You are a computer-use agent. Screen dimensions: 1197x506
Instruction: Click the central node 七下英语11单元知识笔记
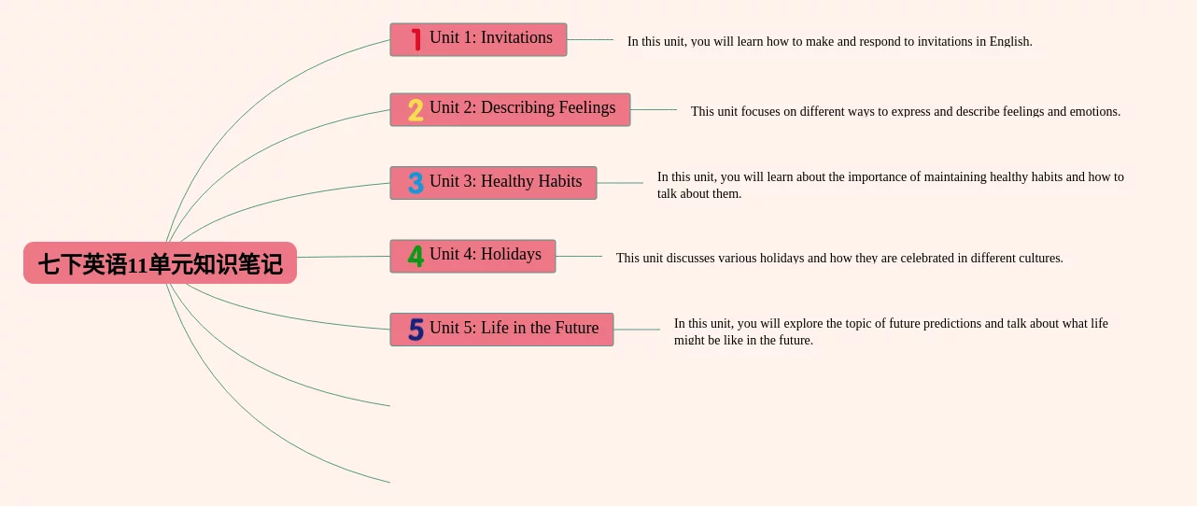160,263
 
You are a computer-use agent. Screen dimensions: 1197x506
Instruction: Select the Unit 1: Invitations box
478,39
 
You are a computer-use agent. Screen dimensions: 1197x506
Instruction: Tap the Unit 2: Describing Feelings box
511,109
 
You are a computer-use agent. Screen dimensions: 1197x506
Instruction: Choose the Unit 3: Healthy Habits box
493,183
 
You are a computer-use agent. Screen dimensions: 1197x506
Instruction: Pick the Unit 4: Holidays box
473,256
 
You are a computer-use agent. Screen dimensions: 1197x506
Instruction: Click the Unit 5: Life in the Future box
501,330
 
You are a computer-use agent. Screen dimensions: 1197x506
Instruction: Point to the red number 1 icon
416,39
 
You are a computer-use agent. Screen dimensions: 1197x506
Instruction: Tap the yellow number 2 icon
415,110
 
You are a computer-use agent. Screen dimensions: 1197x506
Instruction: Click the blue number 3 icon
415,183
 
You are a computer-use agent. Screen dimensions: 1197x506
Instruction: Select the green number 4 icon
415,256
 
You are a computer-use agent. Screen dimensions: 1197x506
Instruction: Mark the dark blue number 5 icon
415,330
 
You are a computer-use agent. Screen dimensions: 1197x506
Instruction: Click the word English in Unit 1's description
1010,42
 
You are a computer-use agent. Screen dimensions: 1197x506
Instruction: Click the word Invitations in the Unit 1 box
516,37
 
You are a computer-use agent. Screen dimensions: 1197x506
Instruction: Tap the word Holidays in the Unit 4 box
511,254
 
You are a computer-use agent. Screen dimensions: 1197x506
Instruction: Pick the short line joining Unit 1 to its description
590,39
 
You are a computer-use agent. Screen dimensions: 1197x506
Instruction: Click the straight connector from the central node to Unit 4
343,257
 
